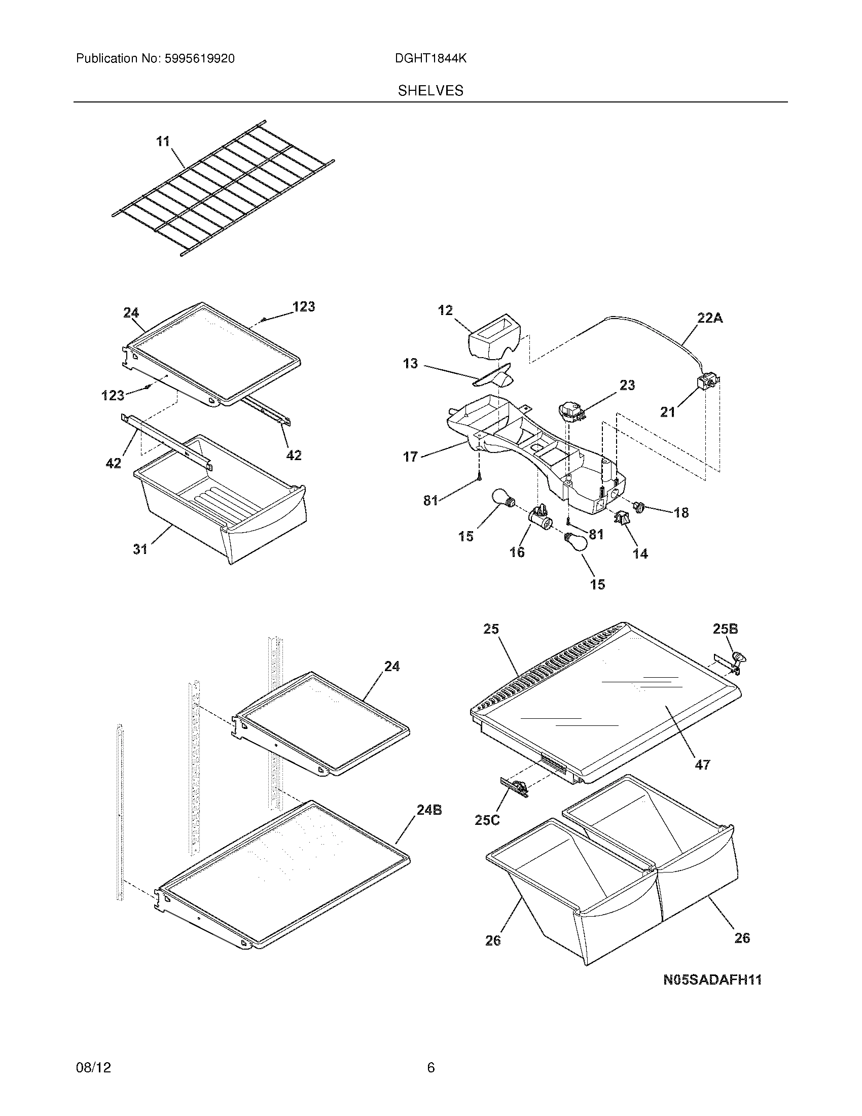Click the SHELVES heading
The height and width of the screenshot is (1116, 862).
pyautogui.click(x=430, y=91)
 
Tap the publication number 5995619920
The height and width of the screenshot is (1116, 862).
pyautogui.click(x=199, y=59)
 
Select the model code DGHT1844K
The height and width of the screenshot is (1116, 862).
pyautogui.click(x=430, y=59)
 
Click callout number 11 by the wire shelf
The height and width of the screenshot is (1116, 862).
pyautogui.click(x=163, y=141)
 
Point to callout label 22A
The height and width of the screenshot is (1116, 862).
pyautogui.click(x=710, y=318)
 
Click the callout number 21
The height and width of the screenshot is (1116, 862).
pyautogui.click(x=668, y=412)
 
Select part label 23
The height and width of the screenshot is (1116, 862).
pyautogui.click(x=627, y=385)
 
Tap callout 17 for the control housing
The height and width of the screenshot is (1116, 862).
pyautogui.click(x=411, y=457)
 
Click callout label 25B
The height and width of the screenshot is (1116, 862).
pyautogui.click(x=725, y=629)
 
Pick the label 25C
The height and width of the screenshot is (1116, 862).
pyautogui.click(x=487, y=820)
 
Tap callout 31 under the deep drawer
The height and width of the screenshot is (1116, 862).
pyautogui.click(x=140, y=549)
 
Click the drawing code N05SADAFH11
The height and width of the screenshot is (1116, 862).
pyautogui.click(x=712, y=980)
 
